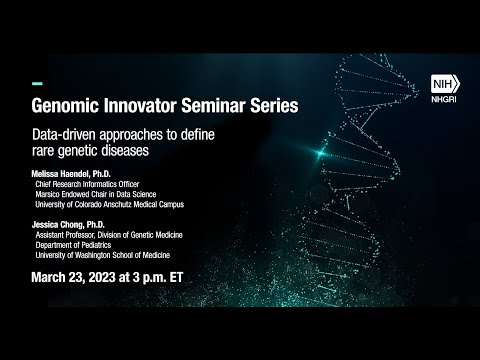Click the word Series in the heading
[278, 103]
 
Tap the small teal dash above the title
[37, 82]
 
